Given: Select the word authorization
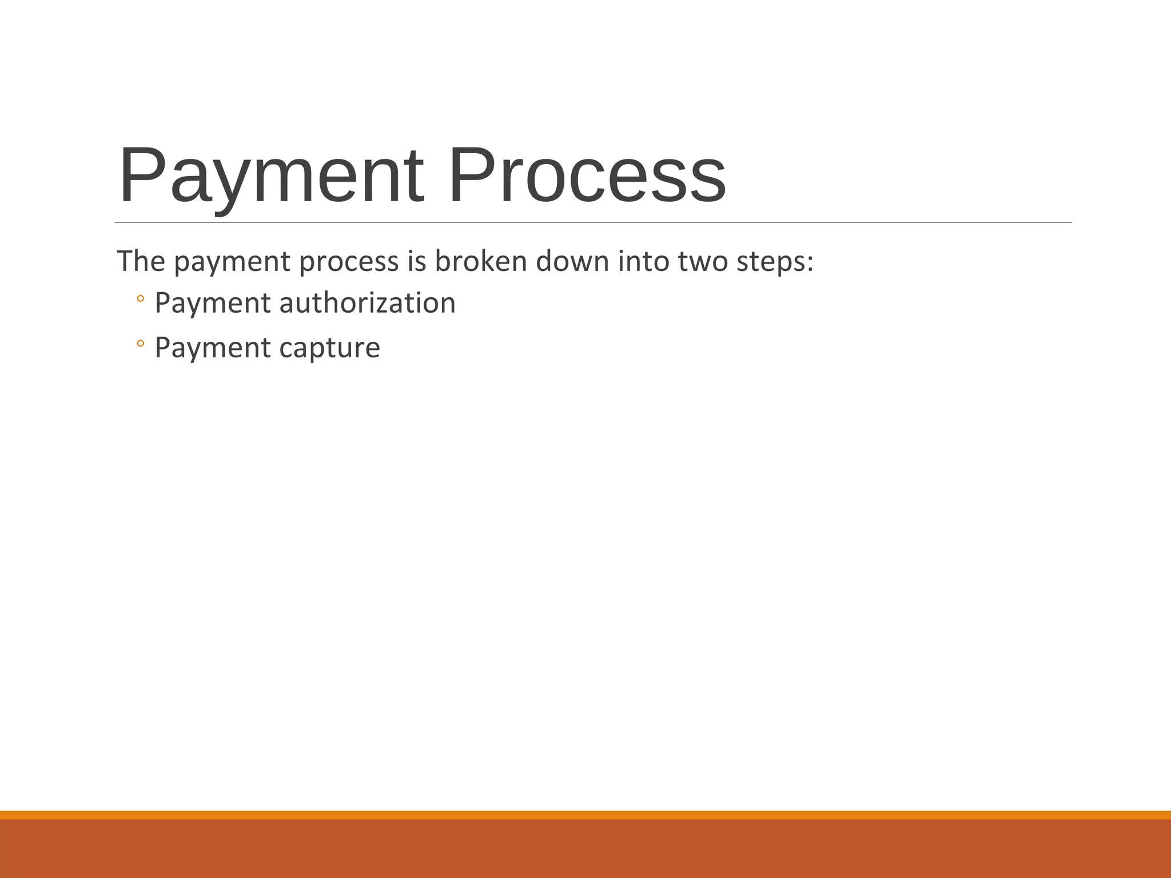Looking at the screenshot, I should coord(367,302).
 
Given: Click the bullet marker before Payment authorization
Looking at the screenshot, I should coord(141,298).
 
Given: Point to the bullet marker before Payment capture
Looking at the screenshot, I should coord(141,344).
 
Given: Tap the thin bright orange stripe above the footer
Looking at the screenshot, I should coord(585,815).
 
